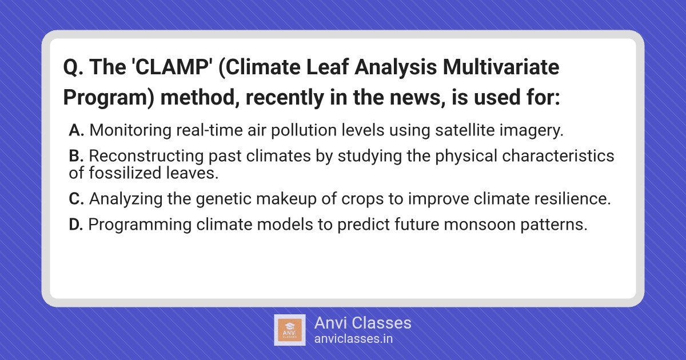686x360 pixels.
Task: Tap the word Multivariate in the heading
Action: pyautogui.click(x=501, y=67)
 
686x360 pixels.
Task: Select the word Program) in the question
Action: pyautogui.click(x=109, y=98)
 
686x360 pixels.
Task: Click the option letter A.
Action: pyautogui.click(x=76, y=130)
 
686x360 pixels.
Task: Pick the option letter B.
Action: pyautogui.click(x=76, y=156)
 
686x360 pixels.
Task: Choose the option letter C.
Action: pyautogui.click(x=76, y=199)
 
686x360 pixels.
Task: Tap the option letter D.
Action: pyautogui.click(x=76, y=225)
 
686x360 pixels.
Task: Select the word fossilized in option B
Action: pyautogui.click(x=125, y=173)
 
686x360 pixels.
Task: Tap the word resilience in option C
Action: pyautogui.click(x=573, y=199)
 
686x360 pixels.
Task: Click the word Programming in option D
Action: pyautogui.click(x=139, y=225)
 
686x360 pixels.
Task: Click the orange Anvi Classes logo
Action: pyautogui.click(x=289, y=330)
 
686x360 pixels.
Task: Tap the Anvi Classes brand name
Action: pyautogui.click(x=362, y=323)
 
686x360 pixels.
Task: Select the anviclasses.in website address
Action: pyautogui.click(x=353, y=339)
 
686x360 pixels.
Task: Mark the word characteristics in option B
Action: pyautogui.click(x=558, y=156)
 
